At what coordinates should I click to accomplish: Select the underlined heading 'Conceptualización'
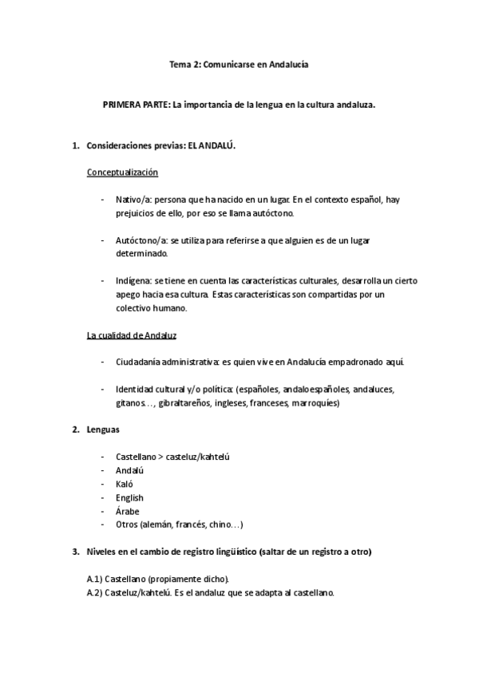(123, 172)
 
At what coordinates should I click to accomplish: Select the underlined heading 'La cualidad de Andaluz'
(132, 335)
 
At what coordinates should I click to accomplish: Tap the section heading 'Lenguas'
(103, 430)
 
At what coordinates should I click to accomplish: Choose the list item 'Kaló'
(125, 484)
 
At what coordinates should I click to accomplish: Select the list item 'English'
(130, 497)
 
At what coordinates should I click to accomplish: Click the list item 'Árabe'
(128, 511)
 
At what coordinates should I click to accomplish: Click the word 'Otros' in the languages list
(128, 525)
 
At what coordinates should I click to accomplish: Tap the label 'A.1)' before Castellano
(95, 579)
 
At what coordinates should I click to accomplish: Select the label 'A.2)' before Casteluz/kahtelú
(95, 592)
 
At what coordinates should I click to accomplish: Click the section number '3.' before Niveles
(75, 552)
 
